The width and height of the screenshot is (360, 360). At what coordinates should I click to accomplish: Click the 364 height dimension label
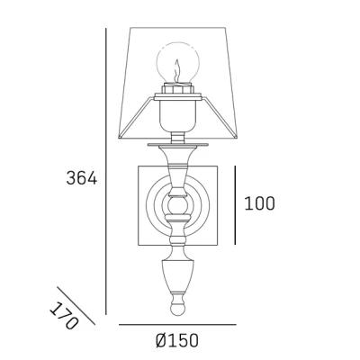pyautogui.click(x=82, y=178)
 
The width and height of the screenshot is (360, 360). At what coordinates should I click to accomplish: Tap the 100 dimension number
pyautogui.click(x=260, y=203)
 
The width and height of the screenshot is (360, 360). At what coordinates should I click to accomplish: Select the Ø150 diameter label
pyautogui.click(x=177, y=340)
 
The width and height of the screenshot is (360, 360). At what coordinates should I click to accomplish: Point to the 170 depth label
pyautogui.click(x=64, y=315)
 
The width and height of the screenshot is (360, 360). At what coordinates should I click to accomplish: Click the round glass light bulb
pyautogui.click(x=177, y=63)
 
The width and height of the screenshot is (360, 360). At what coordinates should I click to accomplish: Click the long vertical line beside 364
pyautogui.click(x=106, y=171)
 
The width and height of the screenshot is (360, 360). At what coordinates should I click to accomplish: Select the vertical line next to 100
pyautogui.click(x=235, y=205)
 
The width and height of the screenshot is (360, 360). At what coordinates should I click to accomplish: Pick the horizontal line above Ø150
pyautogui.click(x=177, y=324)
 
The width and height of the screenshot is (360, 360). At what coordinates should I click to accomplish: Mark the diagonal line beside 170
pyautogui.click(x=76, y=306)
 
